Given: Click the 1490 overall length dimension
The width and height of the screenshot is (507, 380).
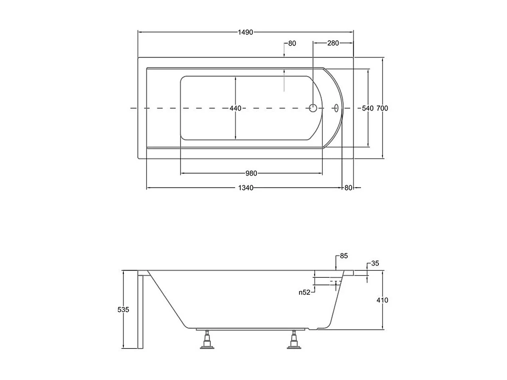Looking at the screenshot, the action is click(246, 32).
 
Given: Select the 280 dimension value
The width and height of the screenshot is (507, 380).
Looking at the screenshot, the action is click(333, 43).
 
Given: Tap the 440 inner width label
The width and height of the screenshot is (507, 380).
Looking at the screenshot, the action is click(235, 108).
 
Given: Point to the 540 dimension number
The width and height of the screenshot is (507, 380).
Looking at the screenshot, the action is click(367, 108).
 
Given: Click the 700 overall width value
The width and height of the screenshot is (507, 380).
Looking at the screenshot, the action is click(382, 108).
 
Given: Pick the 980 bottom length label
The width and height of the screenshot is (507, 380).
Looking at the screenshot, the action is click(251, 173).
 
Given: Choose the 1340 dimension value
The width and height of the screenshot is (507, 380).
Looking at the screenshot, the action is click(246, 188).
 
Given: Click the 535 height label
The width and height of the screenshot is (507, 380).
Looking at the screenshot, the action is click(123, 310).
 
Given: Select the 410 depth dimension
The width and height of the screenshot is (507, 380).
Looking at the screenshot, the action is click(382, 300).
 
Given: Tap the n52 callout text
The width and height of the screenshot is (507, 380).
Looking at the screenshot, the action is click(304, 292).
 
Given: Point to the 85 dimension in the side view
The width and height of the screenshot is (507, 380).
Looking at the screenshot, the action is click(344, 256).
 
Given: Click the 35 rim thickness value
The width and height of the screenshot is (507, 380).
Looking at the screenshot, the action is click(375, 263).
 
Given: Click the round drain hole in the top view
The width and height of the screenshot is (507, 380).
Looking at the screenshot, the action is click(313, 108).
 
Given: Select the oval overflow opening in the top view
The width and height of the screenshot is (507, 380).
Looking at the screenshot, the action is click(336, 108).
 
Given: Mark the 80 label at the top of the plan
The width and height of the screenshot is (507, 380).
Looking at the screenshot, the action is click(292, 44).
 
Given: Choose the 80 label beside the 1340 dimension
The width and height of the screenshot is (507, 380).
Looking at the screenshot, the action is click(348, 188).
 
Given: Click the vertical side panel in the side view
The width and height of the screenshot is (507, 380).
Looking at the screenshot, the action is click(140, 310).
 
